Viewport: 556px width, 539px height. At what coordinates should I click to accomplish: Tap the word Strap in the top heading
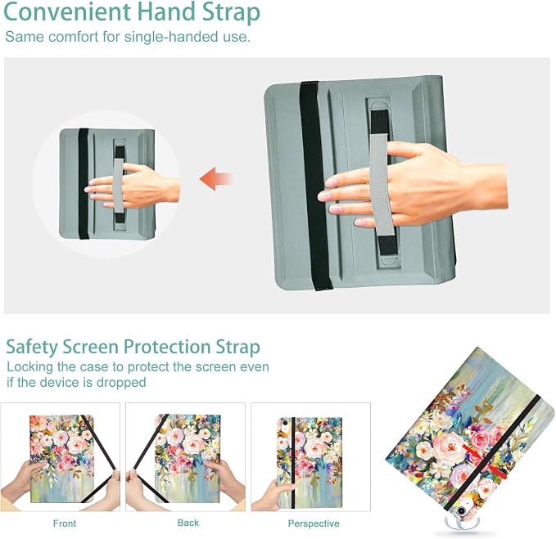(231, 13)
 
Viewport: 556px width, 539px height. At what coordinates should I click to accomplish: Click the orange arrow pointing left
(216, 178)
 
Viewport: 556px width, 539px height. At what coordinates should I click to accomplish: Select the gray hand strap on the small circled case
(120, 185)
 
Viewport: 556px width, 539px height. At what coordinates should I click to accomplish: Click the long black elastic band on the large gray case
(315, 185)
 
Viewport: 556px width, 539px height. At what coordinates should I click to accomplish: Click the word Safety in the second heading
(32, 347)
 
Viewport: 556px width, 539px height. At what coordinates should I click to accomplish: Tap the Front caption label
(65, 523)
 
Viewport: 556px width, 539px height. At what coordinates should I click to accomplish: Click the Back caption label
(188, 523)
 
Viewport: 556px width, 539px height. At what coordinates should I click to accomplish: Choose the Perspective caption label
(314, 523)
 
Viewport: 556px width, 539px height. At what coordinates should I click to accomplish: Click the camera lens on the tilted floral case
(461, 511)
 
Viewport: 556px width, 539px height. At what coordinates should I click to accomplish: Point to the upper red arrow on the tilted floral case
(473, 453)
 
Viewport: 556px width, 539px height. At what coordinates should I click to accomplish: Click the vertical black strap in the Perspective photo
(292, 462)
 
